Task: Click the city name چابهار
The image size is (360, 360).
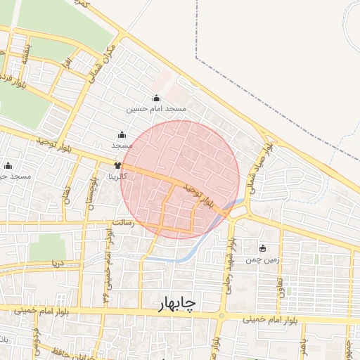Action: click(x=174, y=302)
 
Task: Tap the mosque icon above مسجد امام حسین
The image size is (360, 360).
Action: click(x=156, y=98)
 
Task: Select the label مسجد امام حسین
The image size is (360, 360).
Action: click(x=156, y=109)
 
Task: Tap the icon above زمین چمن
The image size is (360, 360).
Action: click(x=263, y=248)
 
